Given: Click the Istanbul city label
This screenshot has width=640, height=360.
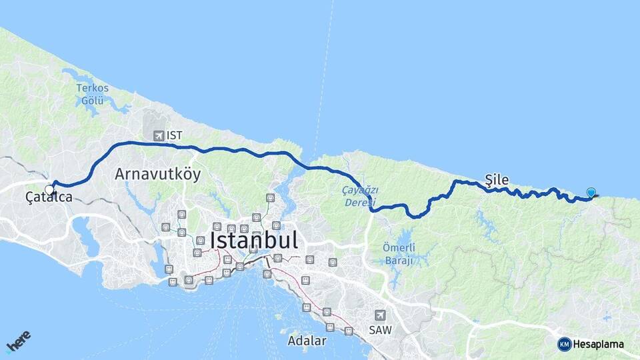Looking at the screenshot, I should (x=253, y=239).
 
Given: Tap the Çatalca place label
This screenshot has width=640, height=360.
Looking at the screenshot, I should (x=49, y=197).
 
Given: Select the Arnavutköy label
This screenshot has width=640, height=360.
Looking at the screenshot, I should (x=157, y=174).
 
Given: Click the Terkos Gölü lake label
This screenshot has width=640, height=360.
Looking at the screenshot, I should (x=92, y=94).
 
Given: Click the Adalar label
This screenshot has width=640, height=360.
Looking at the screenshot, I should (x=307, y=341).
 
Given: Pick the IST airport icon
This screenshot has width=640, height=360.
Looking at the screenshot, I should (x=158, y=135).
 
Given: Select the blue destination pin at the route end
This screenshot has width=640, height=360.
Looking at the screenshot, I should (x=591, y=193).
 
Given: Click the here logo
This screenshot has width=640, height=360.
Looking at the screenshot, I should (x=18, y=340).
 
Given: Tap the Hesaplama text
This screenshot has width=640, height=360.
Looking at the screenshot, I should (x=599, y=344).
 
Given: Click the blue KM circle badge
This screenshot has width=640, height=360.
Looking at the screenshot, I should (x=564, y=344).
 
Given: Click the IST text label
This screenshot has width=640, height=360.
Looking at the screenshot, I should (x=175, y=135).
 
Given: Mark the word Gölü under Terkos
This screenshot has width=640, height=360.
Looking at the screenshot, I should (x=92, y=100).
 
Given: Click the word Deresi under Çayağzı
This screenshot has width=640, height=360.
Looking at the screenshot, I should (x=361, y=203).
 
